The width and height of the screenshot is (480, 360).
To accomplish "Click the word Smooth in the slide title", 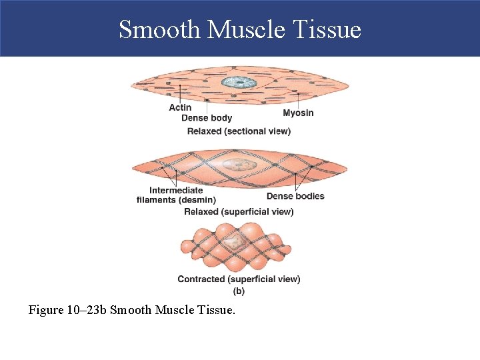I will coord(159,29).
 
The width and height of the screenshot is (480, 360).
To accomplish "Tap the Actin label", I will coord(180,107).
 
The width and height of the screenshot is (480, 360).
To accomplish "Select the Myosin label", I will coord(298,113).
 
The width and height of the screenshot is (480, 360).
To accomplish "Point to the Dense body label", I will coord(207,118).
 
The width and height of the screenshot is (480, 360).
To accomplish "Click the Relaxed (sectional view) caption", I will coord(239,131).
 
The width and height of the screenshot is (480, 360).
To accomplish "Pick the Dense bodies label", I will coord(295,196).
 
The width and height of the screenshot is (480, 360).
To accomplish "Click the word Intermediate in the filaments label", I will coord(176,191).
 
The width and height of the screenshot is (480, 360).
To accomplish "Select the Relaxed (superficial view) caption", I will coord(239,212).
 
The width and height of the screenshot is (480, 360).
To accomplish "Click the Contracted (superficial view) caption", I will coord(239,279).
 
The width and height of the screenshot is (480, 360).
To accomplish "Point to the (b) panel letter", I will coord(239,291).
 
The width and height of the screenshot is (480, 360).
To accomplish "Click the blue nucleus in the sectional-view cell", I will coord(239,83).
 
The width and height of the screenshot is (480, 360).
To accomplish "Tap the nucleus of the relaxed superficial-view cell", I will coord(236,164).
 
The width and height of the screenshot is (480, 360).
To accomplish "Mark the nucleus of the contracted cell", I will coord(234,244).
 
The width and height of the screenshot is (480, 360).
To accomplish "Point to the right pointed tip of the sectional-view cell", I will coord(347,85).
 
